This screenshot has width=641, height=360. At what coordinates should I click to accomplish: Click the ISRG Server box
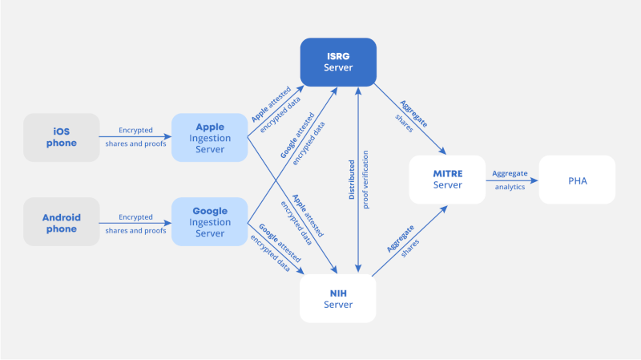[338, 62]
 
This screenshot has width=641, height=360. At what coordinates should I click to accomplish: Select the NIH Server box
[338, 298]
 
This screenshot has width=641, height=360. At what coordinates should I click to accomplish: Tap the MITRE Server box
[447, 180]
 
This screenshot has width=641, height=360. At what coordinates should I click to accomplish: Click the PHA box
[577, 180]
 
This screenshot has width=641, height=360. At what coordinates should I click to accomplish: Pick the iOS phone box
[62, 137]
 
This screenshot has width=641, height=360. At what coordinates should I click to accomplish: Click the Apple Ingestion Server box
[210, 137]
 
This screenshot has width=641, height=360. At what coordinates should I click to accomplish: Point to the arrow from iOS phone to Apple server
[135, 137]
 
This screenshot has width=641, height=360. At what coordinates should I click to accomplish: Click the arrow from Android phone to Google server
[135, 223]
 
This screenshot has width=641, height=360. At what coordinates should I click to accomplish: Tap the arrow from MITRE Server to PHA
[511, 180]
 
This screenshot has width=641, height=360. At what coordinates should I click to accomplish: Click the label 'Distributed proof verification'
[359, 180]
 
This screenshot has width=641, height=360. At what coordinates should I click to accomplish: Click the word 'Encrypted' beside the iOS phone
[135, 130]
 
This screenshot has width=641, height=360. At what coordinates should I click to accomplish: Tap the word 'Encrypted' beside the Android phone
[135, 216]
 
